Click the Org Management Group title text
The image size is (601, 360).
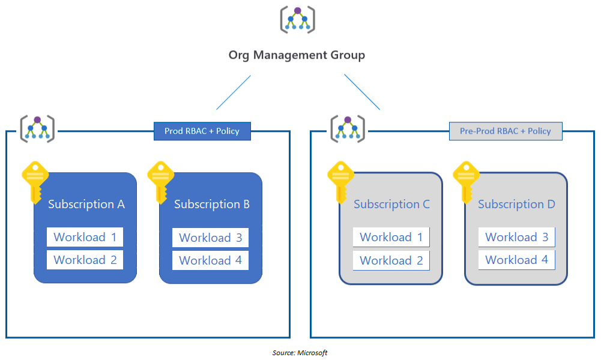pos(297,55)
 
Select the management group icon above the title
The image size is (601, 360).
pos(297,20)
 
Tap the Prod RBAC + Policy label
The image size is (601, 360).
pos(202,131)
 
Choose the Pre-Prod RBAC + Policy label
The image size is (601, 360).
pos(505,131)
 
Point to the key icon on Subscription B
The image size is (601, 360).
pos(161,180)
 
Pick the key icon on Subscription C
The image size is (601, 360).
pos(340,180)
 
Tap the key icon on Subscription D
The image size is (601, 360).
pos(466,180)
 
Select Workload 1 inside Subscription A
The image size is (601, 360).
pos(85,237)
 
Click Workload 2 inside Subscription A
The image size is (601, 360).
pos(85,260)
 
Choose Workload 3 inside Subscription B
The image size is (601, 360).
pos(210,238)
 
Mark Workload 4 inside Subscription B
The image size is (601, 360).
pos(210,260)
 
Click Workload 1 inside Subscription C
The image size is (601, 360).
pos(391,237)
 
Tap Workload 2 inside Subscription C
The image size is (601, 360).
pos(391,260)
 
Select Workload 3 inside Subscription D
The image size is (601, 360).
pos(516,237)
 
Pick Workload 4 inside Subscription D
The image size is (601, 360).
pos(516,260)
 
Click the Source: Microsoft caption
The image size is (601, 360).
pos(300,353)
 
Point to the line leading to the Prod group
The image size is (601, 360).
pos(234,92)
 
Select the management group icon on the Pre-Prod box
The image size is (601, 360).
pos(348,128)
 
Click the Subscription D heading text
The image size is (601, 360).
pos(516,205)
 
